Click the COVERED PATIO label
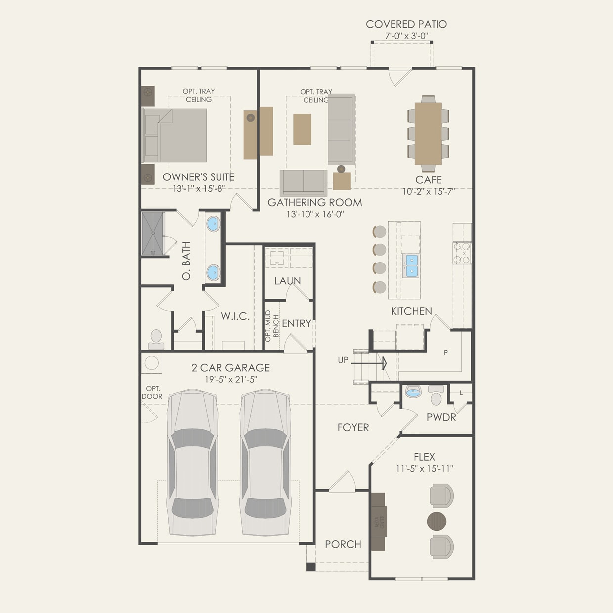[x=406, y=24]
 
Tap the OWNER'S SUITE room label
[x=198, y=177]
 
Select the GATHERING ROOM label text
[x=314, y=202]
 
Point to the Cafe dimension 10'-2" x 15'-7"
[x=428, y=192]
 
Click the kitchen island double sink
[x=411, y=265]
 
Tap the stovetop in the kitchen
[x=463, y=253]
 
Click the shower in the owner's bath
[x=153, y=233]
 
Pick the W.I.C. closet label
[x=235, y=316]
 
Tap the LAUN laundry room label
[x=287, y=281]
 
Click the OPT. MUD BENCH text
[x=272, y=326]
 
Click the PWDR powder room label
[x=441, y=417]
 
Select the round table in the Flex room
[x=436, y=521]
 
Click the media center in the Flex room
[x=378, y=522]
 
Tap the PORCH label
[x=343, y=544]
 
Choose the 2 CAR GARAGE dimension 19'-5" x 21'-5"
[x=230, y=379]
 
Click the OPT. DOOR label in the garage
[x=152, y=393]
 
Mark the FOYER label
[x=353, y=427]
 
